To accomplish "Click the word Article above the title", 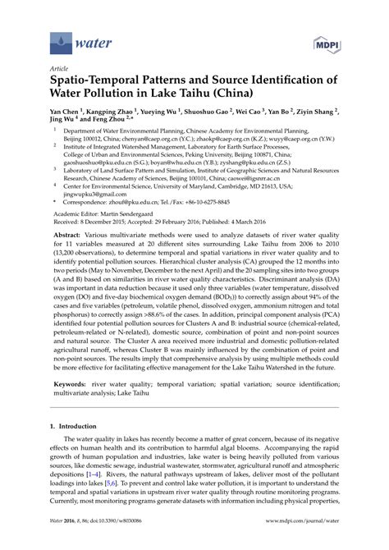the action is [x=60, y=69].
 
